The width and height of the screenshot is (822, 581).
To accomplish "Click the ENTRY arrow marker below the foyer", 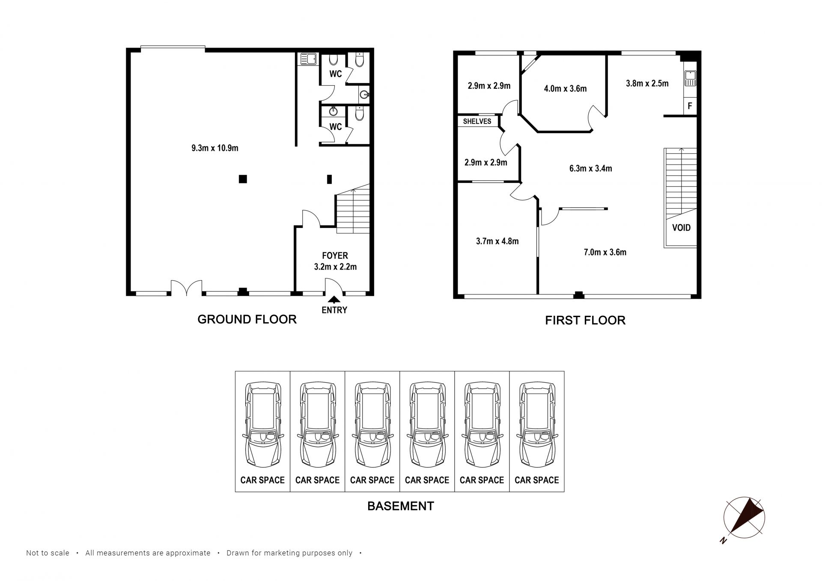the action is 334,300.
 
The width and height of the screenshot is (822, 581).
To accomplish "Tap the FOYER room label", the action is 335,256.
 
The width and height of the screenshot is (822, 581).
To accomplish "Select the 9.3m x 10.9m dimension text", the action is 215,148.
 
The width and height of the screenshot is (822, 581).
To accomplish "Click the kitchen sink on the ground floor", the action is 308,59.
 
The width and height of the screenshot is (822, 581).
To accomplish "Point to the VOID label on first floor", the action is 681,228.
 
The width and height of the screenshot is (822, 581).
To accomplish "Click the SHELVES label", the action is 477,121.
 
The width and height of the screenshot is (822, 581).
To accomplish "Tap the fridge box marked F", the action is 690,106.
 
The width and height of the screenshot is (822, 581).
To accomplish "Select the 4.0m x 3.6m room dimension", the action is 565,89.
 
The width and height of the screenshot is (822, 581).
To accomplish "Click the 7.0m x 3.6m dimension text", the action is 605,252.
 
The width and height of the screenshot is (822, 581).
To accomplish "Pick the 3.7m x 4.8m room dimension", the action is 497,241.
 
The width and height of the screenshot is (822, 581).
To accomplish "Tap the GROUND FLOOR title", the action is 247,319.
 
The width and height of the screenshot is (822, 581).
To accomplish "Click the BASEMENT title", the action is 401,506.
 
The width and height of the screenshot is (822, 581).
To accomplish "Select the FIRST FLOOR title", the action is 585,320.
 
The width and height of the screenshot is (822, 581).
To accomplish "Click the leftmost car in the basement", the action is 262,424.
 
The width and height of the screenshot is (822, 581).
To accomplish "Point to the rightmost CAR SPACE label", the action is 536,480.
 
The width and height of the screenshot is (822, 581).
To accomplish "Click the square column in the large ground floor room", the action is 243,179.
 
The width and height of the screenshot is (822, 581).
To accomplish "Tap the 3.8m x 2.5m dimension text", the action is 647,84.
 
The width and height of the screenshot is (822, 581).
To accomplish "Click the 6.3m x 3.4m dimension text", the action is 590,168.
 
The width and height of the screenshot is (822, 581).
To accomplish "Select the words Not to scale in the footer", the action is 48,553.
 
